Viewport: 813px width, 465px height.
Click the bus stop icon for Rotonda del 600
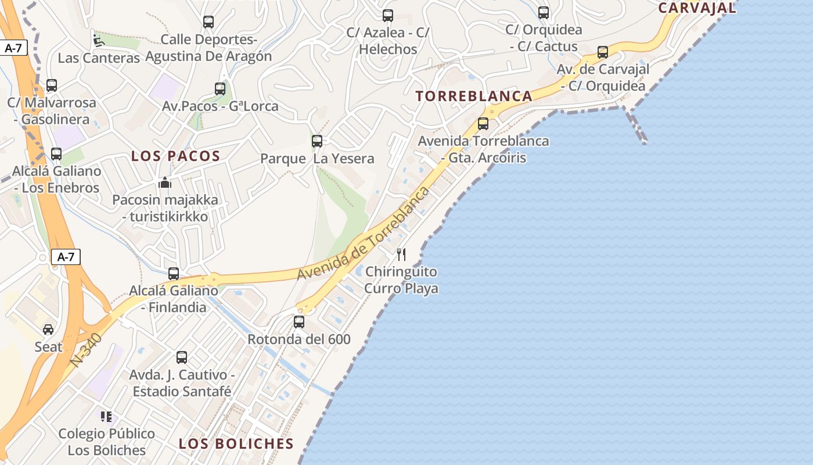click(299, 321)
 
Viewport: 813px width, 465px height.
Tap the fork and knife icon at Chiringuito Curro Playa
click(401, 254)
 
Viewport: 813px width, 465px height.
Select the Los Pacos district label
click(175, 156)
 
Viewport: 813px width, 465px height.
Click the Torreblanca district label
click(474, 96)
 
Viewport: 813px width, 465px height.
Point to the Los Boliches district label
click(236, 443)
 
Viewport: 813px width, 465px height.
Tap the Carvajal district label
click(697, 8)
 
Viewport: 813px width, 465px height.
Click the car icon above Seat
click(48, 330)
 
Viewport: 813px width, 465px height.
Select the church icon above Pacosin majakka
click(165, 183)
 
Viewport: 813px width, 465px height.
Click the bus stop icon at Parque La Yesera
click(317, 141)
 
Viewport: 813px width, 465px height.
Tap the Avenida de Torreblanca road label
click(364, 234)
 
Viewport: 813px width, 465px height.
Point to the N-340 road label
click(86, 349)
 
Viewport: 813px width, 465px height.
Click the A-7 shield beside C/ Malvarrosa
click(13, 48)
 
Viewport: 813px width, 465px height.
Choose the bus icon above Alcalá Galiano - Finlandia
click(174, 274)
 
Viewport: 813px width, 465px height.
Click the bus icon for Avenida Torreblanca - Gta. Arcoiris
click(483, 123)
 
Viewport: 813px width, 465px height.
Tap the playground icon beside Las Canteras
click(99, 41)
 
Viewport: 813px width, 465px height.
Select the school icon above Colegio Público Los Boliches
click(106, 416)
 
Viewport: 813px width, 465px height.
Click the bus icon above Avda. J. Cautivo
click(182, 357)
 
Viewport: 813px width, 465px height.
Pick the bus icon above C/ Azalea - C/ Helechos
click(388, 16)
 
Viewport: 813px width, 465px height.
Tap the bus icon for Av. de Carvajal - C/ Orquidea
click(603, 52)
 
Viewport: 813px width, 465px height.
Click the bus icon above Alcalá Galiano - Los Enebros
click(56, 154)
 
